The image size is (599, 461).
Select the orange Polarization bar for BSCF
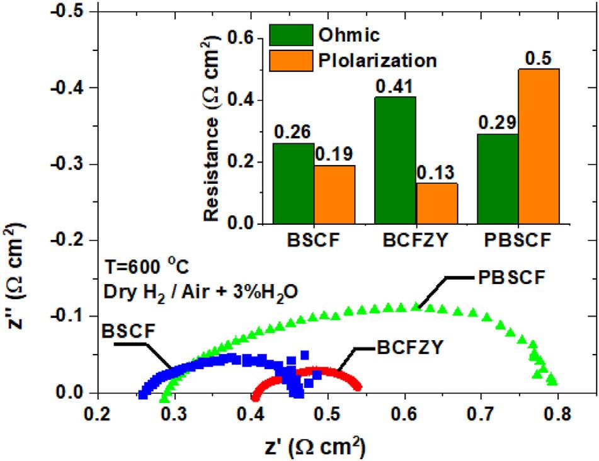[x=334, y=195]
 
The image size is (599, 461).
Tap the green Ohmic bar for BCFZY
[x=396, y=160]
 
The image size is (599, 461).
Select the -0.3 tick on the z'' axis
[x=66, y=164]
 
